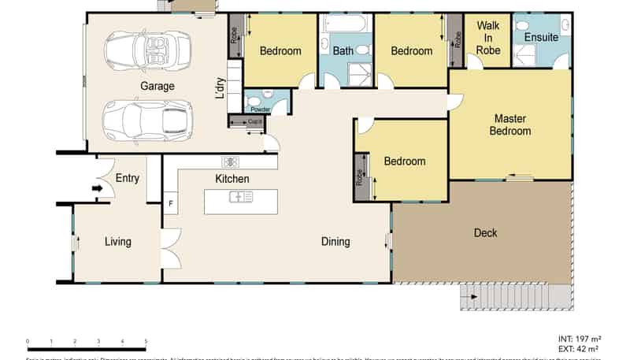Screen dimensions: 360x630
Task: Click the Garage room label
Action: [157, 86]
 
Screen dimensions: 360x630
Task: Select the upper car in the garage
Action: [148, 50]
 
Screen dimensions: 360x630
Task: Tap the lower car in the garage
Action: [146, 120]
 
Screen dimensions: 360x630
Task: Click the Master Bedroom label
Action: [510, 124]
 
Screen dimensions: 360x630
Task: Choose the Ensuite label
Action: [541, 37]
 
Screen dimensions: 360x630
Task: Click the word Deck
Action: [486, 232]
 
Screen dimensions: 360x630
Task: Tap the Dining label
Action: [335, 242]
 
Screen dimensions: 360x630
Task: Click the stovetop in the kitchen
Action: [231, 161]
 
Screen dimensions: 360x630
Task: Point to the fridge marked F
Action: [169, 203]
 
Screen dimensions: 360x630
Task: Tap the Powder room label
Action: [260, 109]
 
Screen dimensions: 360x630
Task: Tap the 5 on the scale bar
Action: [146, 340]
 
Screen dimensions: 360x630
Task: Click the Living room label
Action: [118, 242]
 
